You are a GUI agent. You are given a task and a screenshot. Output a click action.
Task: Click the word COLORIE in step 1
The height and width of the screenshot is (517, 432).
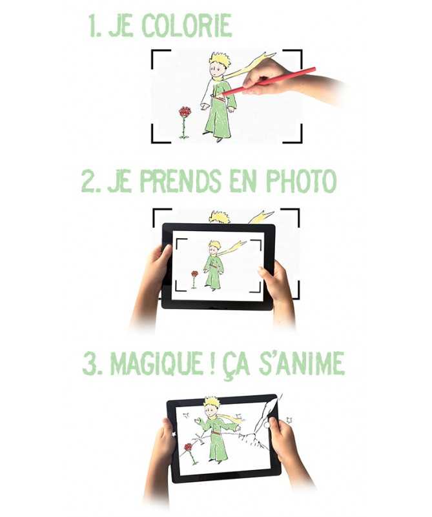187,25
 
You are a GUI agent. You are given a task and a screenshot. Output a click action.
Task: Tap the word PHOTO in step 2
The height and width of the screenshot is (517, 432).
302,181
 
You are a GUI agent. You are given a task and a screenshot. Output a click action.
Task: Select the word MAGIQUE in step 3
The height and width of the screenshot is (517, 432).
157,363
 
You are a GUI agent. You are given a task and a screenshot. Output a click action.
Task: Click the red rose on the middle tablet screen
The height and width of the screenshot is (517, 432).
195,274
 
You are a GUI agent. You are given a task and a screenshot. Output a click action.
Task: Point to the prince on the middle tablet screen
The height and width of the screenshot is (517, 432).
214,265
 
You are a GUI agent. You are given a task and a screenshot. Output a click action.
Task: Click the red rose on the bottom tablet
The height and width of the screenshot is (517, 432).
189,448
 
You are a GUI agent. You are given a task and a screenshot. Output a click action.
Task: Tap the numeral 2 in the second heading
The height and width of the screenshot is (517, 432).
88,181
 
